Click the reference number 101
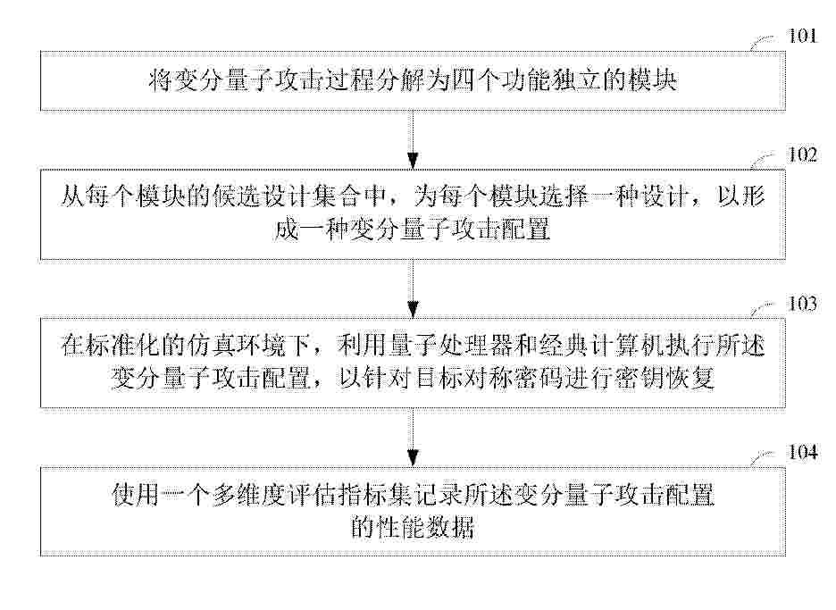(802, 37)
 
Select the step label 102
(802, 155)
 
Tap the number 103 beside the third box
(802, 304)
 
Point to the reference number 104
(802, 452)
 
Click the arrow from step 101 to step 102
(412, 139)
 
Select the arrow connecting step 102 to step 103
(412, 288)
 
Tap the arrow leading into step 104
(412, 438)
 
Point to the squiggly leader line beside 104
(763, 458)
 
